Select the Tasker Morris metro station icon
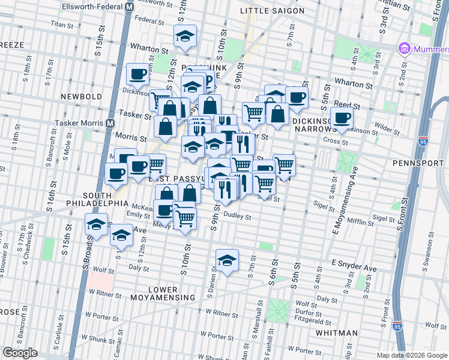[x=110, y=123]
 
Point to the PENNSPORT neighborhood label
[x=417, y=163]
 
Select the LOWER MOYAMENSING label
[x=163, y=293]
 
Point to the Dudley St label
[x=236, y=215]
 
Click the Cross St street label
[x=336, y=142]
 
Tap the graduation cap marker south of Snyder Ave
[x=227, y=260]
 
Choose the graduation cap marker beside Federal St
[x=185, y=36]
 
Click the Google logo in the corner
[x=20, y=353]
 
